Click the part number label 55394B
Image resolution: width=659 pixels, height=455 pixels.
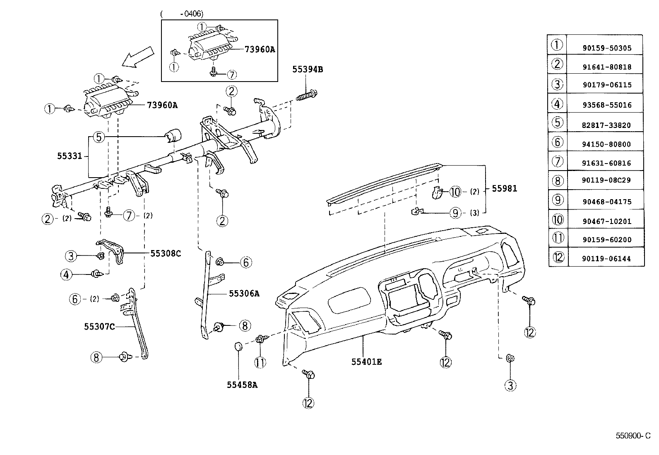tap(308, 69)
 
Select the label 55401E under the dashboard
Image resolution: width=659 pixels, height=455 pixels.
tap(366, 362)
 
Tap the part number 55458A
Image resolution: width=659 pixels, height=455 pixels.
tap(242, 385)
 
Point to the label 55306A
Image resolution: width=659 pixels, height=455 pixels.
tap(244, 294)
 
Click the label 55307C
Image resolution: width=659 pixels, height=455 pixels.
tap(99, 326)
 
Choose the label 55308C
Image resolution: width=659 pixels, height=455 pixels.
tap(166, 253)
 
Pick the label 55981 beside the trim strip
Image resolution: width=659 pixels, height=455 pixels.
tap(504, 189)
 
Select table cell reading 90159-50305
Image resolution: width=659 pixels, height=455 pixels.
tap(606, 48)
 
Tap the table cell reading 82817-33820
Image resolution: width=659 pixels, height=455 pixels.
tap(606, 125)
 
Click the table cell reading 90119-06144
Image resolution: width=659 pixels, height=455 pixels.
tap(606, 259)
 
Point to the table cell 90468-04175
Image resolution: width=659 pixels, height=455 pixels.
tap(606, 202)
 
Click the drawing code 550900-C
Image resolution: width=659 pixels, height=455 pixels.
tap(633, 436)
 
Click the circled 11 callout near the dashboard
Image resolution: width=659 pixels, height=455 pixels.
tap(260, 363)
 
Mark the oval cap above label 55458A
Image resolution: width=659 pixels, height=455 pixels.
tap(238, 346)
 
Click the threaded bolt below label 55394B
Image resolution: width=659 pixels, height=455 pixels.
tap(307, 95)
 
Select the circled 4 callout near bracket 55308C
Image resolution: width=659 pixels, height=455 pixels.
tap(66, 274)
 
